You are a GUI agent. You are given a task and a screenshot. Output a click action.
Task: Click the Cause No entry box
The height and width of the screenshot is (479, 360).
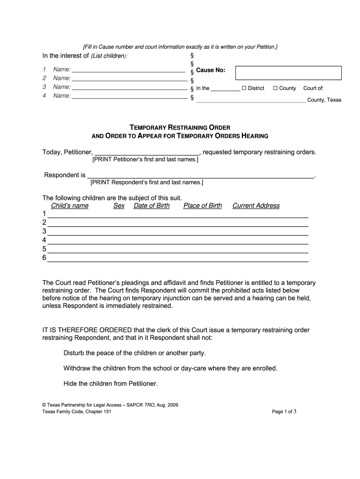click(x=288, y=73)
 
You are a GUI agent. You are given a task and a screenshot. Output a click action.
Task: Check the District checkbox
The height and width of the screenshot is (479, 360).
click(x=244, y=88)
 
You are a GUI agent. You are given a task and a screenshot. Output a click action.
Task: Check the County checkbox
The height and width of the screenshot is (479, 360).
click(x=275, y=88)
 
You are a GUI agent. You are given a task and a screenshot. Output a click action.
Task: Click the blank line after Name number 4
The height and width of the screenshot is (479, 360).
click(x=129, y=98)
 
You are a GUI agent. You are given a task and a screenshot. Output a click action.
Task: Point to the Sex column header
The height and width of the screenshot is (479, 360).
click(x=119, y=206)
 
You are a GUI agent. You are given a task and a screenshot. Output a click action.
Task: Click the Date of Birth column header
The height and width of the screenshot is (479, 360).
click(x=151, y=206)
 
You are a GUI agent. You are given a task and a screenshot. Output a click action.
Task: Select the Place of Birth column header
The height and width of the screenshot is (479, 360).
click(x=202, y=206)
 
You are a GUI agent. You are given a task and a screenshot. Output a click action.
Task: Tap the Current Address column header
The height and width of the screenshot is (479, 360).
click(x=256, y=206)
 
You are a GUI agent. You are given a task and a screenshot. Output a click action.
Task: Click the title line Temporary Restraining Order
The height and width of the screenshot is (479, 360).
click(x=180, y=127)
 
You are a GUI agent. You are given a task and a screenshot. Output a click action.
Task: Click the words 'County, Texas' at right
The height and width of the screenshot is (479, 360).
click(x=324, y=100)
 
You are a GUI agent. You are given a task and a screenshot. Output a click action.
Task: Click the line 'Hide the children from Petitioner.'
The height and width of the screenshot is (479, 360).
click(x=111, y=384)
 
